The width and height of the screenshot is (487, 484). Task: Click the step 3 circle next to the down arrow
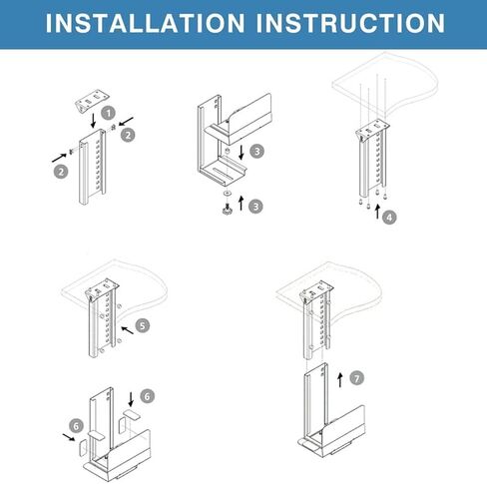256,152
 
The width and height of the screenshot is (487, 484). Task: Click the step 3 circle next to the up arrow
256,207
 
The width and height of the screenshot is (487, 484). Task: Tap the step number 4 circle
389,217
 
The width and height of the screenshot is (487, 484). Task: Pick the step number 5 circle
142,325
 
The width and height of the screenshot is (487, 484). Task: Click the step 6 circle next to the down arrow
148,396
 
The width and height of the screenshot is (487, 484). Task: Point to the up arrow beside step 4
376,212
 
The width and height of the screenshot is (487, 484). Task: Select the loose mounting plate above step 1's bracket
90,102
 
